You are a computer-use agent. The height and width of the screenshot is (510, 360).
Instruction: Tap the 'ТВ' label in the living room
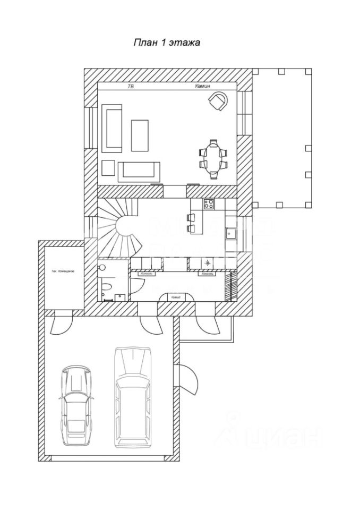pos(131,86)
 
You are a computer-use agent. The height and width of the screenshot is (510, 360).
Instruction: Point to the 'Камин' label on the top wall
pos(204,86)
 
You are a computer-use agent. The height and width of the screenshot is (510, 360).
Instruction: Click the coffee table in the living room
pos(140,134)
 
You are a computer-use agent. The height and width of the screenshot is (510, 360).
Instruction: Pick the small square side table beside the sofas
pos(108,168)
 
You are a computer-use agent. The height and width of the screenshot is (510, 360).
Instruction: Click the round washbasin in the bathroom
pos(102,268)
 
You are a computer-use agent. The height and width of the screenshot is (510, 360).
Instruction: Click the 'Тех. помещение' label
pos(63,270)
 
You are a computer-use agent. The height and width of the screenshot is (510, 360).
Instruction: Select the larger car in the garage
pos(133,396)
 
